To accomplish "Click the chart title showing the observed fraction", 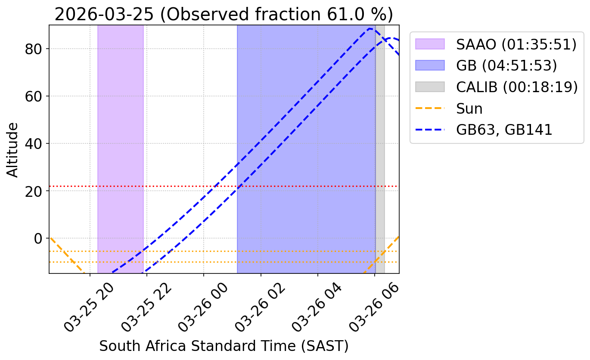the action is coord(224,14).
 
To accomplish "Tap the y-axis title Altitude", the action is coord(12,150).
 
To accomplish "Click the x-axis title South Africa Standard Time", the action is coord(224,346).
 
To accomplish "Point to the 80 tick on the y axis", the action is coord(34,49).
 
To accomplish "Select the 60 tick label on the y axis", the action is coord(34,96).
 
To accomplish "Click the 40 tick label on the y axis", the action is coord(34,144).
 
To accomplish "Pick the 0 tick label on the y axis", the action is coord(38,239).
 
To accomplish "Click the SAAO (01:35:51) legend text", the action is coord(516,44).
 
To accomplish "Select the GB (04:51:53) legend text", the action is coord(507,65).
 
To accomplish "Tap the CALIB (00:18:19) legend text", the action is coord(517,87).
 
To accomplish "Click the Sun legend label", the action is coord(469,109).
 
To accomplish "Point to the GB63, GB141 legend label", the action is coord(504,130).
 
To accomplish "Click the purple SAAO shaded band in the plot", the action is coord(121,149).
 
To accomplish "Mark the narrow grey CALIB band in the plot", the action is coord(380,149).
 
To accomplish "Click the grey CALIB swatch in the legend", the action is coord(430,87).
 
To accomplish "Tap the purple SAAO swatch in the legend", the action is coord(430,44).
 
